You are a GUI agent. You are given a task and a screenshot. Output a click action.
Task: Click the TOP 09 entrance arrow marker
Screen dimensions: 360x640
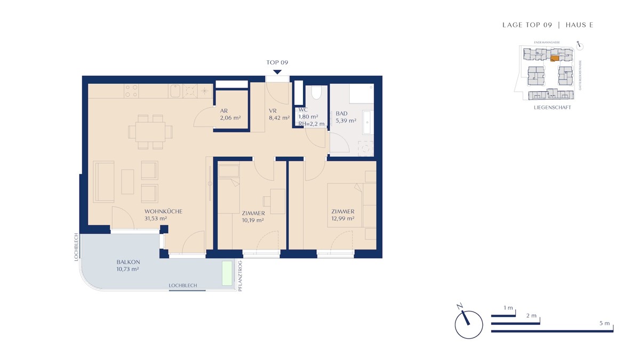coord(277,72)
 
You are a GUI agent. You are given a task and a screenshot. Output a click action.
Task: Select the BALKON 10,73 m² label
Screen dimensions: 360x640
coord(128,266)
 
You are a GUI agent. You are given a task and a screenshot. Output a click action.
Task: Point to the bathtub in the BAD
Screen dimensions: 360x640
coord(369,122)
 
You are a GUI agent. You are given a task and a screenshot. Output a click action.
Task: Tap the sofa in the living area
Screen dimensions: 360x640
coord(103,181)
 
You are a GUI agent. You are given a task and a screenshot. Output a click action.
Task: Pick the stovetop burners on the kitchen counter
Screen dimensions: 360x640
coord(132,91)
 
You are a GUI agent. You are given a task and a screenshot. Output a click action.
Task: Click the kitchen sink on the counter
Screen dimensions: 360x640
coord(175,92)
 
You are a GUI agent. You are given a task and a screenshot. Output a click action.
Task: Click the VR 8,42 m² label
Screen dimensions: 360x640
coord(279,115)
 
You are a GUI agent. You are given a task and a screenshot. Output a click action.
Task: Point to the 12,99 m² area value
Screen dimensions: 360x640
coord(342,218)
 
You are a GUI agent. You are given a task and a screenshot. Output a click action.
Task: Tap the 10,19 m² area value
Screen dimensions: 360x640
coord(253,220)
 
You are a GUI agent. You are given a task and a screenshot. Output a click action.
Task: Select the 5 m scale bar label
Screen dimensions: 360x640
coord(604,324)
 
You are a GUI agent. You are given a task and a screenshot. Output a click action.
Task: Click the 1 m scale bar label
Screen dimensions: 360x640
coord(508,308)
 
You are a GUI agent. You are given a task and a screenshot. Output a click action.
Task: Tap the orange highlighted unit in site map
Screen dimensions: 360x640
coord(555,59)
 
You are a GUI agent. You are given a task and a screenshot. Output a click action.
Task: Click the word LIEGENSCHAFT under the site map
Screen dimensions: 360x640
coord(552,107)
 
